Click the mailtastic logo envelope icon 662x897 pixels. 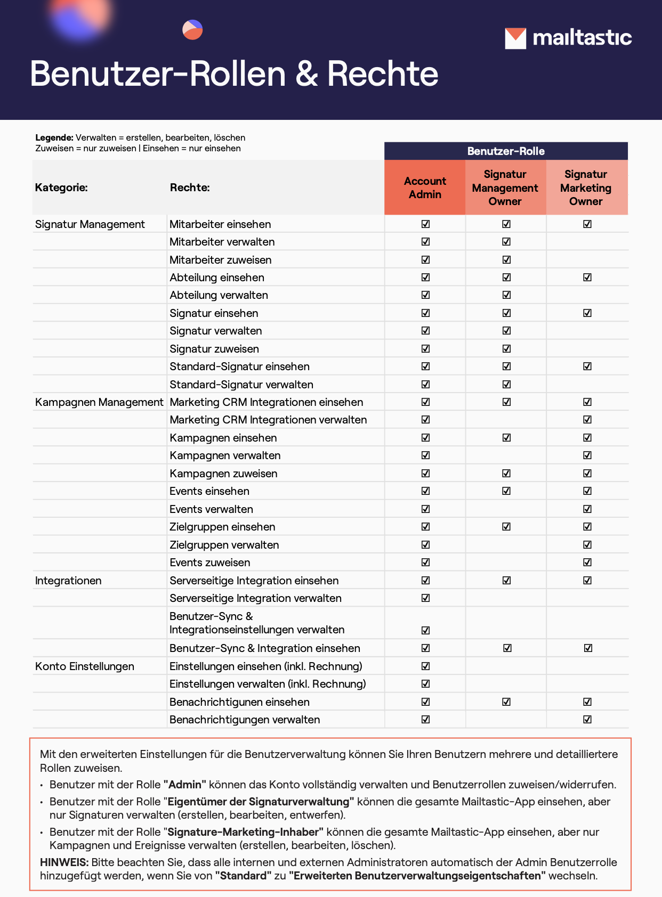515,38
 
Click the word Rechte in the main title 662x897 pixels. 382,74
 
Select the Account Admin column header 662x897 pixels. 425,187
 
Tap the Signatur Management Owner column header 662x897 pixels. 505,187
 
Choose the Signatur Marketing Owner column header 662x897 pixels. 586,187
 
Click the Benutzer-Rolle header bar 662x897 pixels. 505,151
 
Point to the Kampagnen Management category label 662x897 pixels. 99,402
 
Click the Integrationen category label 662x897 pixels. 68,581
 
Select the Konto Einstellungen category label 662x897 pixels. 85,666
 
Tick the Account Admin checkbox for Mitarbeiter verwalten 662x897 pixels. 425,242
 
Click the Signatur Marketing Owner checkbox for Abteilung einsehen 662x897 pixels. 587,278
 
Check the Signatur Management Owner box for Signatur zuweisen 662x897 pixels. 506,349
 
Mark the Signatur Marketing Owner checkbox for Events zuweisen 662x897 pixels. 587,562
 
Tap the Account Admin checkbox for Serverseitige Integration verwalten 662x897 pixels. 425,598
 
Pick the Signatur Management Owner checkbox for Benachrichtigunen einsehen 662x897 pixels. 506,702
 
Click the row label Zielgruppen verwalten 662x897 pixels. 224,545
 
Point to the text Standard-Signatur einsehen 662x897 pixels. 239,366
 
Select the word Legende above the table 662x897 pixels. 54,137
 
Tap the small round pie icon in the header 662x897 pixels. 192,30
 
